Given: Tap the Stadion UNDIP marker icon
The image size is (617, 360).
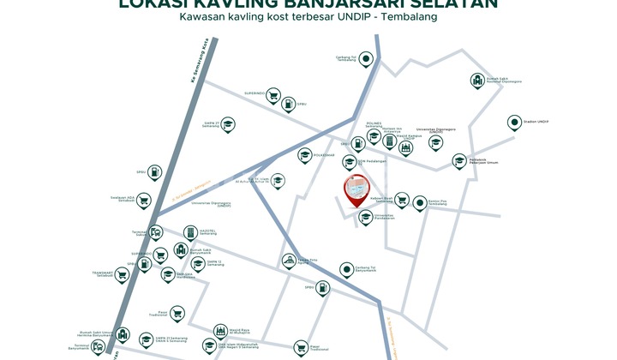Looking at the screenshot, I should pyautogui.click(x=514, y=123).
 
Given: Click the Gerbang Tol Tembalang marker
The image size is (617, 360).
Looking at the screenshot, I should pyautogui.click(x=366, y=59).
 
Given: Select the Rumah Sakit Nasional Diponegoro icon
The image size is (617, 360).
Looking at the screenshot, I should pyautogui.click(x=476, y=81).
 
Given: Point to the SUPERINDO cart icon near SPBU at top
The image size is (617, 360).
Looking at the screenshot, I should pyautogui.click(x=273, y=94).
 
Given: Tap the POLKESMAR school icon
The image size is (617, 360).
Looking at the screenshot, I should pyautogui.click(x=304, y=156).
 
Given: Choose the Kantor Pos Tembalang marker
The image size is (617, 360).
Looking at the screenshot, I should pyautogui.click(x=420, y=203).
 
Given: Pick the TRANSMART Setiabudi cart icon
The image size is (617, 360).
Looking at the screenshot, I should pyautogui.click(x=122, y=275).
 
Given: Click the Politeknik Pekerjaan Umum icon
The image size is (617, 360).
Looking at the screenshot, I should pyautogui.click(x=458, y=161).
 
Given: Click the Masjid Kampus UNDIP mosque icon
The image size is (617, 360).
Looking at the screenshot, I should pyautogui.click(x=405, y=147).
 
